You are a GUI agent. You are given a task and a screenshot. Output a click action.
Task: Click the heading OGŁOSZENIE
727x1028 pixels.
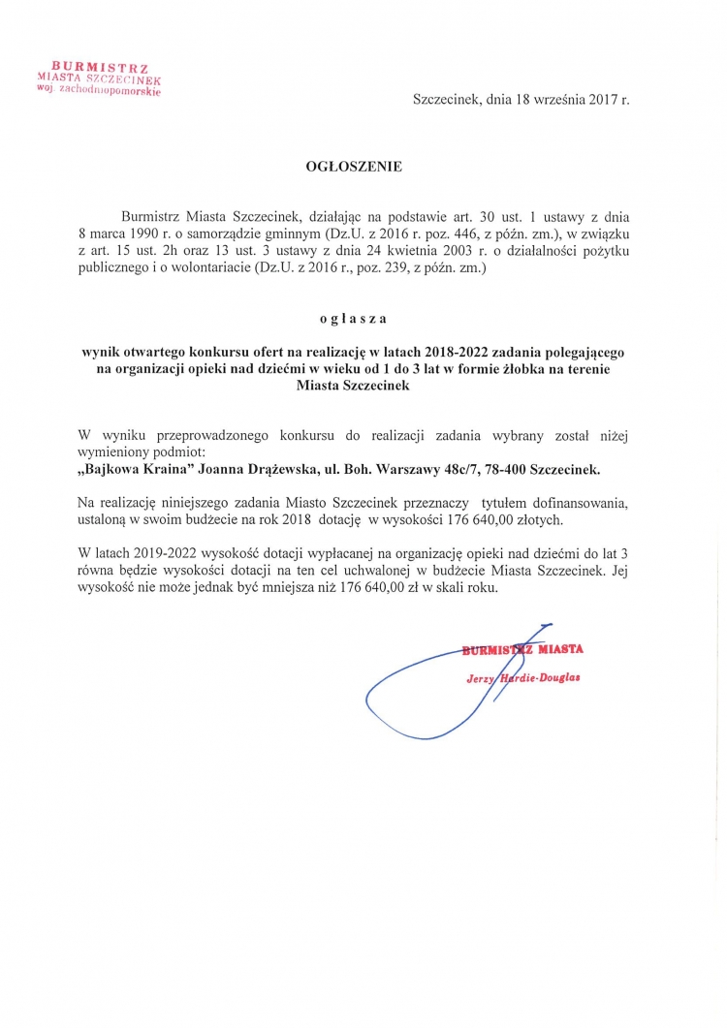pos(353,167)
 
